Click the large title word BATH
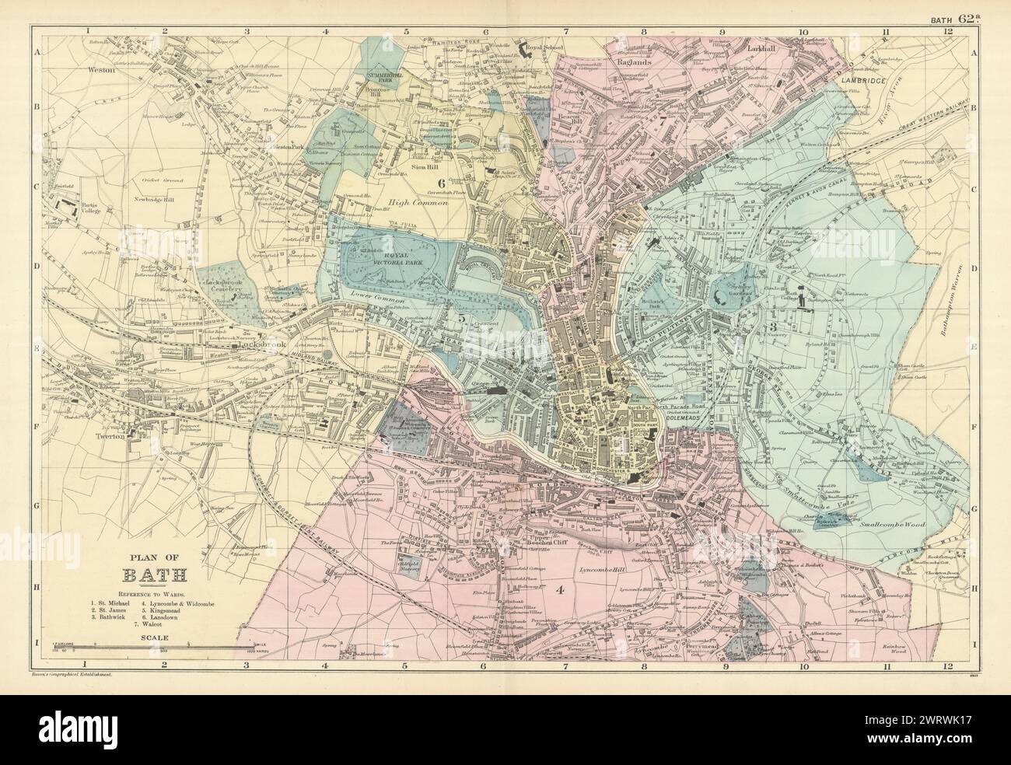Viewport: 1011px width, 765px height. point(153,576)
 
